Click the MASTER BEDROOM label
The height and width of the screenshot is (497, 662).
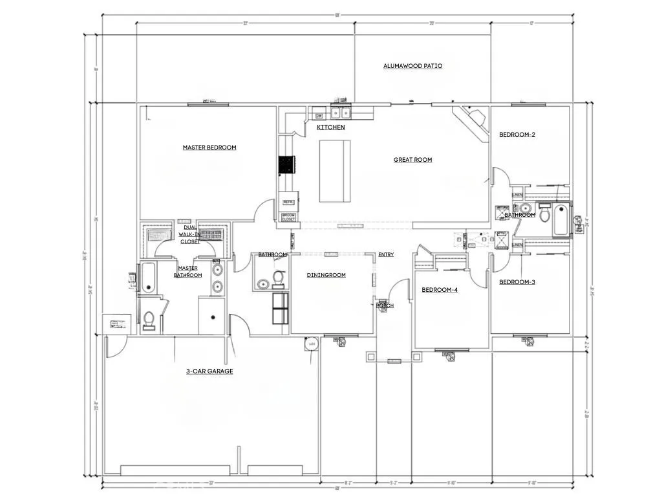pos(209,148)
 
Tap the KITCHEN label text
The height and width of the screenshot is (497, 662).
pos(330,127)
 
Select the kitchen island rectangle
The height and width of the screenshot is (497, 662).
pos(335,171)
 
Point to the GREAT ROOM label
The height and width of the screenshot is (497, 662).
pos(412,160)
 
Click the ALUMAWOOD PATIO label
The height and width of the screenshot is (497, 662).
pos(412,66)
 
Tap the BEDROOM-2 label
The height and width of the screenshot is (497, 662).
pos(517,135)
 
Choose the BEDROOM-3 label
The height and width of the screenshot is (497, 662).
pos(517,282)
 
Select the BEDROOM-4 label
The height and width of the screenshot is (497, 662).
pos(440,290)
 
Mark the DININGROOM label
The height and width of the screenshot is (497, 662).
pos(326,275)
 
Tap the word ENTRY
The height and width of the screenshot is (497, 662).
pos(386,255)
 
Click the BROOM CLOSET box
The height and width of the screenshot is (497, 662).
pos(288,217)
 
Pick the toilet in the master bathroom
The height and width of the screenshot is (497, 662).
pos(149,320)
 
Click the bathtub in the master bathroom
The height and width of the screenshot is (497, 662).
pos(147,278)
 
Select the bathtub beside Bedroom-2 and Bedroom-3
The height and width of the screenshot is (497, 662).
pos(561,219)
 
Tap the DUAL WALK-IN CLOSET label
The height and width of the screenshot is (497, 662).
pos(190,234)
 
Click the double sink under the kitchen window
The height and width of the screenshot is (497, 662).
pos(341,113)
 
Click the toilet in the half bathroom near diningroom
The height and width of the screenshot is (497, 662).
pos(279,278)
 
